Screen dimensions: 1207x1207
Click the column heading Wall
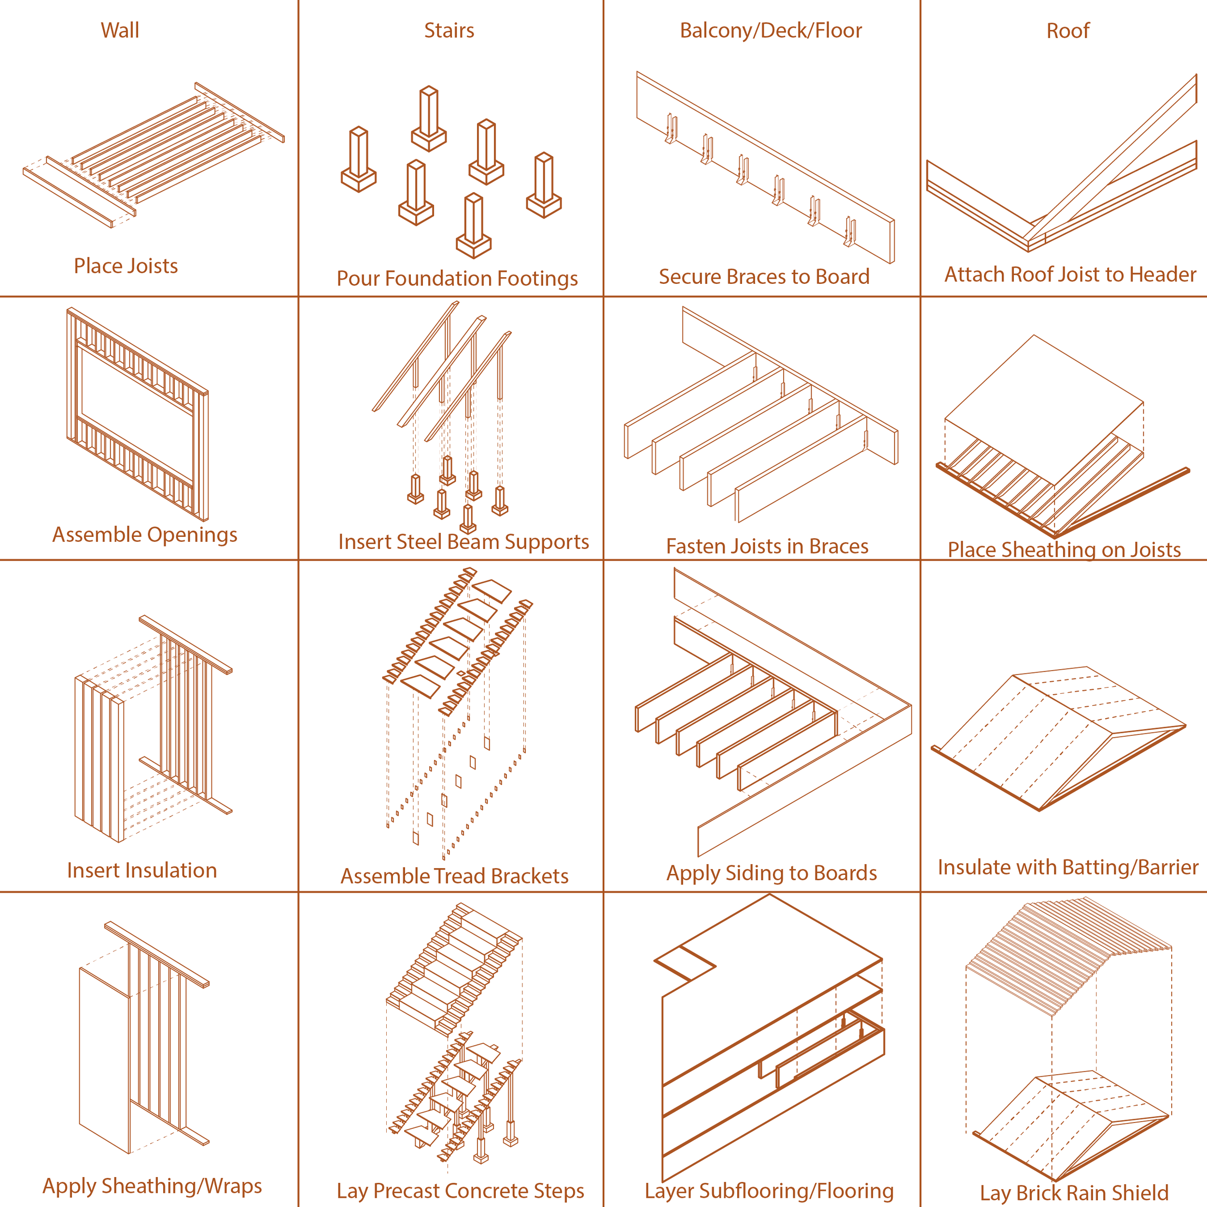pyautogui.click(x=120, y=30)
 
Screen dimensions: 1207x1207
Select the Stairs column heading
pyautogui.click(x=449, y=30)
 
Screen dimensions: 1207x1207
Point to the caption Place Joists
pyautogui.click(x=126, y=266)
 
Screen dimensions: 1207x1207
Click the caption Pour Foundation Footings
pyautogui.click(x=457, y=279)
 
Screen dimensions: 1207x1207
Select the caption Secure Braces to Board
pyautogui.click(x=764, y=277)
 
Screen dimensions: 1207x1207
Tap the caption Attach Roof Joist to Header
pyautogui.click(x=1069, y=275)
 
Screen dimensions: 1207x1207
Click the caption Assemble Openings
pyautogui.click(x=144, y=535)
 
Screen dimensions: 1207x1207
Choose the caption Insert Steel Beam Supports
pyautogui.click(x=463, y=542)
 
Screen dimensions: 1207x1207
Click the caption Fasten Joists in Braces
pyautogui.click(x=767, y=547)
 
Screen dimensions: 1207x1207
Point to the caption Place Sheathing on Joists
pyautogui.click(x=1064, y=550)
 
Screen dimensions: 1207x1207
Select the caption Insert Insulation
pyautogui.click(x=142, y=870)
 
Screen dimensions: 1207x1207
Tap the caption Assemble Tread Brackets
pyautogui.click(x=454, y=876)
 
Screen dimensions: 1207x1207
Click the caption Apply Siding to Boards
pyautogui.click(x=772, y=873)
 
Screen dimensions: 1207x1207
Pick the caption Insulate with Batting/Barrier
pyautogui.click(x=1067, y=868)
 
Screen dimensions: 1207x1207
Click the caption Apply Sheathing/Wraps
pyautogui.click(x=152, y=1186)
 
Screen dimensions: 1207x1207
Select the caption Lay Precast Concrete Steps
pyautogui.click(x=461, y=1191)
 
